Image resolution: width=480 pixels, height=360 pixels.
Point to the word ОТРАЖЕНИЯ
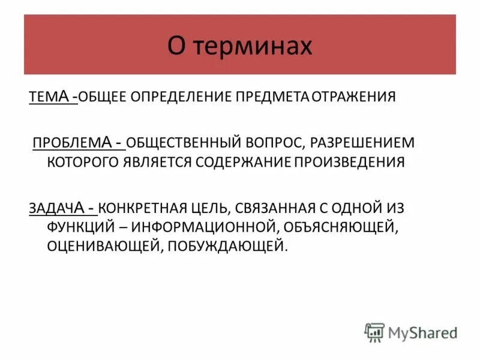point(353,97)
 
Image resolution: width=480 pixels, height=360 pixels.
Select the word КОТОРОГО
point(83,162)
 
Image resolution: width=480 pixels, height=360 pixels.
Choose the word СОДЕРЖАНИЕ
point(242,162)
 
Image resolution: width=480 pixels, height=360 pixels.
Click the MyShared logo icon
point(374,332)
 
